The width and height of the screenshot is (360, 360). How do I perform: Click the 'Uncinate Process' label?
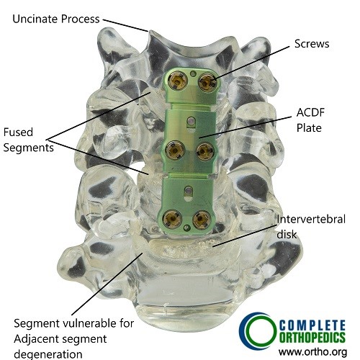(56, 19)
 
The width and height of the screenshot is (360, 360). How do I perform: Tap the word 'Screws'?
(312, 44)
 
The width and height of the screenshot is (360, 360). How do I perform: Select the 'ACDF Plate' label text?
(310, 120)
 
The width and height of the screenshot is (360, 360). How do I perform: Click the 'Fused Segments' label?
(28, 140)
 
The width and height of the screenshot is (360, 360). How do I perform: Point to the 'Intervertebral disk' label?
(311, 227)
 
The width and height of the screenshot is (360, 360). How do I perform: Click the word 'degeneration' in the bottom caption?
(48, 354)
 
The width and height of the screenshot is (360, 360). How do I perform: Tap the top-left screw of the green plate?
(178, 81)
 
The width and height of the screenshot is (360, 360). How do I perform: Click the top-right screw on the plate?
(207, 83)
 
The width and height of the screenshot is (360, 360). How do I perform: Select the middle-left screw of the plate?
(175, 150)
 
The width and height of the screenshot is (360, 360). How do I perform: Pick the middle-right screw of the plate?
(205, 151)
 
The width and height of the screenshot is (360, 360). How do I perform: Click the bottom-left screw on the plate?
(172, 219)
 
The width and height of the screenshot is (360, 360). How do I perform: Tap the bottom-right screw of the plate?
(202, 220)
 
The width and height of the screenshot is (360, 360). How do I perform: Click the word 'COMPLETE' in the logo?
(312, 325)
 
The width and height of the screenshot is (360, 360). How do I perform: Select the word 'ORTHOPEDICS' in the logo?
(312, 338)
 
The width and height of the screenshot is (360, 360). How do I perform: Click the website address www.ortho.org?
(312, 352)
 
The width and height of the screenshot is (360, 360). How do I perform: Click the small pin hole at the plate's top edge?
(192, 74)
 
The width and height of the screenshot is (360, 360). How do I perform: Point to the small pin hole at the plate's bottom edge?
(186, 228)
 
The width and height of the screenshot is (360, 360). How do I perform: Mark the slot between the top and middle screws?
(192, 122)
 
